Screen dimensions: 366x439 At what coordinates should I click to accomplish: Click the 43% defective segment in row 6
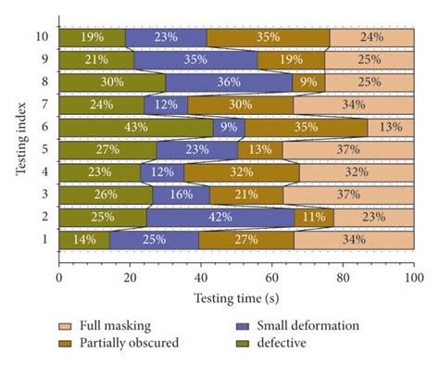[x=135, y=127]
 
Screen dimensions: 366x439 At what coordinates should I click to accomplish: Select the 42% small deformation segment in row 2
[x=220, y=217]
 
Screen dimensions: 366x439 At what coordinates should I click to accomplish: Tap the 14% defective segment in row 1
[x=83, y=240]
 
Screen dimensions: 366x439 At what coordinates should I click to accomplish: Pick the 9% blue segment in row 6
[x=230, y=127]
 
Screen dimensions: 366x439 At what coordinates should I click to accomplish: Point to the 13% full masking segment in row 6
[x=390, y=127]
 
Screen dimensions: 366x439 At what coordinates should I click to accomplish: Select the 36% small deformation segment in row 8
[x=229, y=82]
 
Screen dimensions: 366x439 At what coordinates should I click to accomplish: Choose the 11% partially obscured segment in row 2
[x=314, y=217]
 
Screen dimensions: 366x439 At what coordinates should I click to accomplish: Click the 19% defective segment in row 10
[x=92, y=37]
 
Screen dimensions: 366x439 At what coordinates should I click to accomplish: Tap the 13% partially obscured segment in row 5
[x=260, y=149]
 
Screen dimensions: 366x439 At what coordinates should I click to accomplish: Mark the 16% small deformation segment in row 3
[x=181, y=195]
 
